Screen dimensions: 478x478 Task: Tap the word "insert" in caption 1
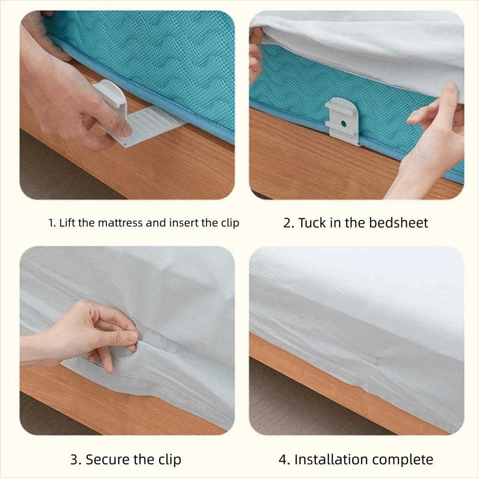point(186,223)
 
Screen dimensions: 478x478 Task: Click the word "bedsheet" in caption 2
point(398,223)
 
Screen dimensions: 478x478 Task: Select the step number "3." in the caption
point(76,460)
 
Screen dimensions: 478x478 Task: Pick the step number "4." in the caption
point(284,460)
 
